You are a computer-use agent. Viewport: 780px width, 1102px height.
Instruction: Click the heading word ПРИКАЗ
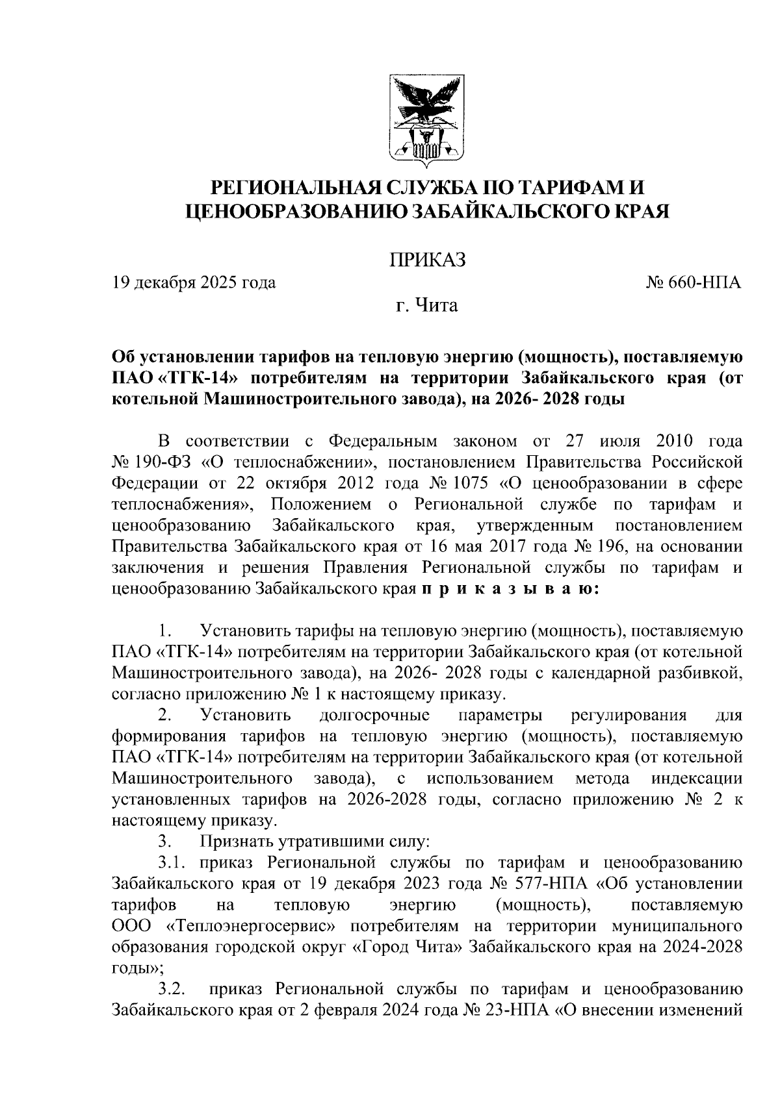pyautogui.click(x=427, y=260)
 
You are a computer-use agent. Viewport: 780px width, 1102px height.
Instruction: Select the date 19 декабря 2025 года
pyautogui.click(x=194, y=282)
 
